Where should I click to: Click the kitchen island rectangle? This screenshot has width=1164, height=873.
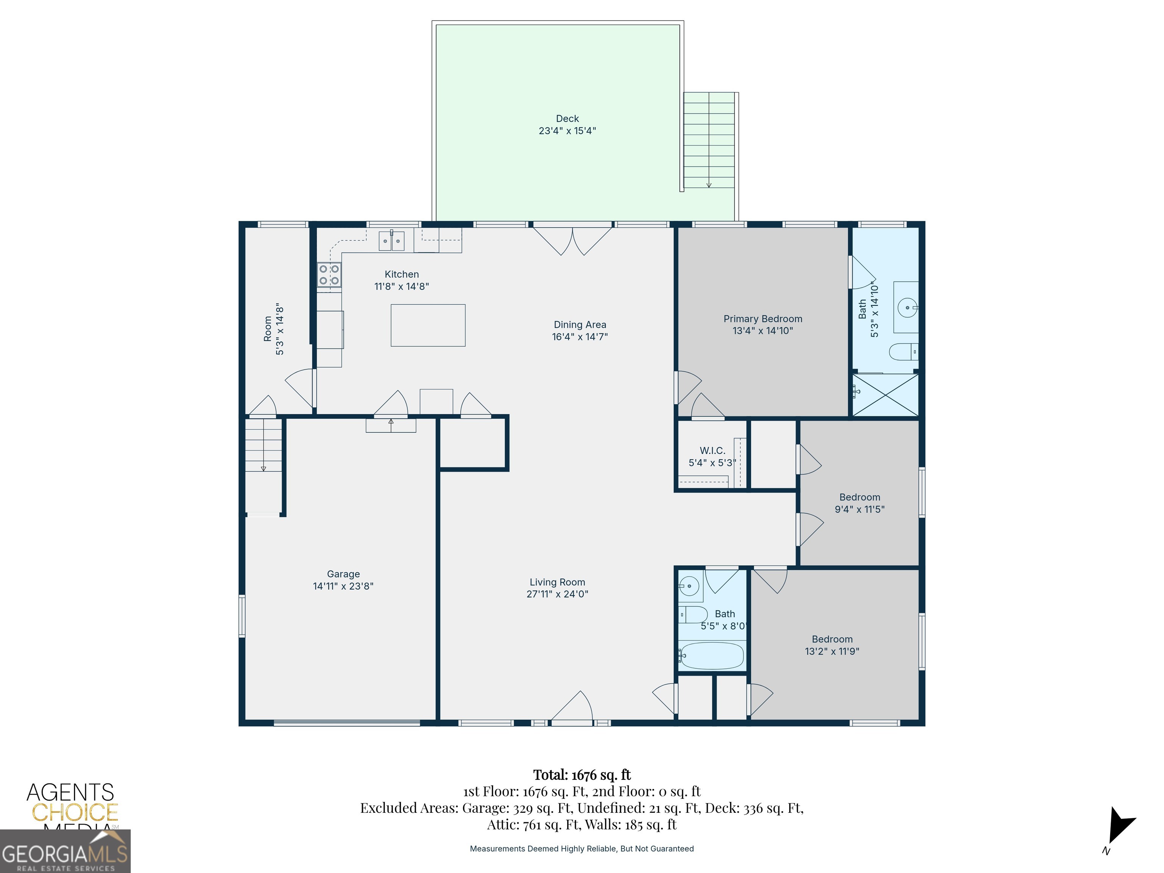(x=428, y=325)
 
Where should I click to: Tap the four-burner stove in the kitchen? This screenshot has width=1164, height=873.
(x=329, y=275)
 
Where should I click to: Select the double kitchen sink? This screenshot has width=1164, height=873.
(x=391, y=241)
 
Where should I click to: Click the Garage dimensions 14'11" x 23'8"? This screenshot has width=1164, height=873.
(x=343, y=586)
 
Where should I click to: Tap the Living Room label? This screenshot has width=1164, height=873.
(x=557, y=582)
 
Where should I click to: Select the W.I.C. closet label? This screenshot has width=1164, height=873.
(x=712, y=451)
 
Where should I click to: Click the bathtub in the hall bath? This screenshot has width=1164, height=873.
(x=712, y=656)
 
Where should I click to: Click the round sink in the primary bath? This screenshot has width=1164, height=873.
(x=908, y=307)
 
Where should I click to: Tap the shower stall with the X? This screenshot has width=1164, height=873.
(x=885, y=395)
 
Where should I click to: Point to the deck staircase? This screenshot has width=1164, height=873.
(x=709, y=140)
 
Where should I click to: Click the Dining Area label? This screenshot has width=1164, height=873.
(x=580, y=325)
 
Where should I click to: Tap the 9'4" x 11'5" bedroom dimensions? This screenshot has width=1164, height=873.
(x=859, y=509)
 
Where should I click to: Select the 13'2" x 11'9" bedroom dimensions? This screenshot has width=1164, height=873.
(x=832, y=651)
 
